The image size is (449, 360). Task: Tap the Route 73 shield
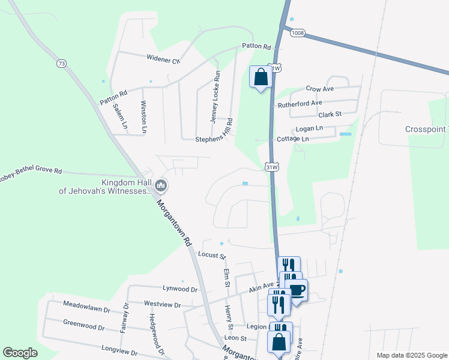[x=61, y=63]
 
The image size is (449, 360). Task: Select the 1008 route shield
[x=297, y=33]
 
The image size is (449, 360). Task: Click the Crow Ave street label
[x=319, y=88]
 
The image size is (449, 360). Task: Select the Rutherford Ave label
[x=301, y=104]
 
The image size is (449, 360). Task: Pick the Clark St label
[x=330, y=114]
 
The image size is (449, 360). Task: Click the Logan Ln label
[x=309, y=128]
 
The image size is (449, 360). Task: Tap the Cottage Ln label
[x=292, y=139]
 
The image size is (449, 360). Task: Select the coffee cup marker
[x=297, y=290]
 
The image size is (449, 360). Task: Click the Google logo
[x=20, y=353]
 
